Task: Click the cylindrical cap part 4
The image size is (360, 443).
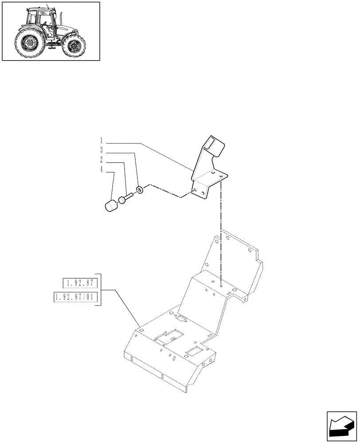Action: pyautogui.click(x=112, y=206)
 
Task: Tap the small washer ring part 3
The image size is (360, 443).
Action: pyautogui.click(x=140, y=190)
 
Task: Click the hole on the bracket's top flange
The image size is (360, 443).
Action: pyautogui.click(x=213, y=173)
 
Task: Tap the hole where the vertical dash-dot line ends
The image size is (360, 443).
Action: pyautogui.click(x=220, y=286)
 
